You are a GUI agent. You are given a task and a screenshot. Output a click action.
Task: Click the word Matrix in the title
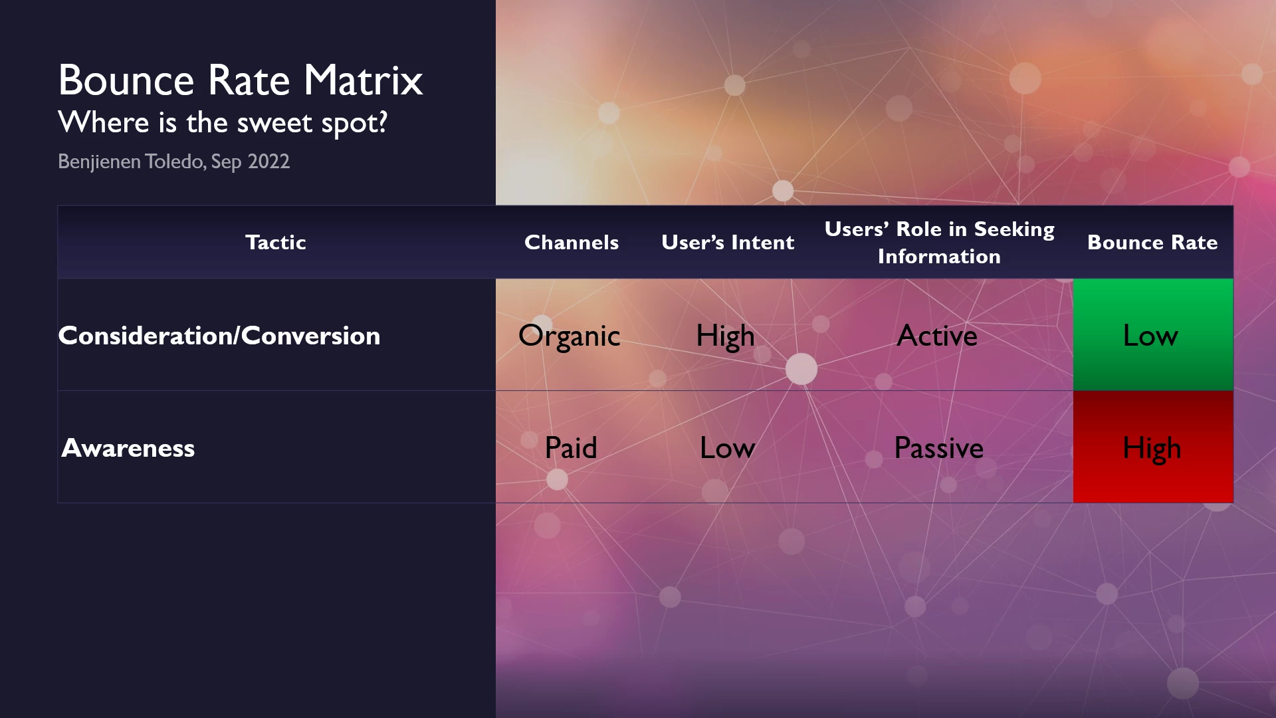(x=364, y=80)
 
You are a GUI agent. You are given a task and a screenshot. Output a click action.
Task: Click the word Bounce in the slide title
(x=126, y=80)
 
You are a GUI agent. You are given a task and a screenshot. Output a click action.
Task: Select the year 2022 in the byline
(x=268, y=162)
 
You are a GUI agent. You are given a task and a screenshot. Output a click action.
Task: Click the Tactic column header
(x=276, y=242)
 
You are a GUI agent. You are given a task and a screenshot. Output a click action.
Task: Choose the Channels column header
(x=572, y=242)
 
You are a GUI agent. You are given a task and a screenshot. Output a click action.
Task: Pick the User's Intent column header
(x=728, y=242)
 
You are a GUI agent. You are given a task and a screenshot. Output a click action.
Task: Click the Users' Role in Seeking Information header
(x=939, y=243)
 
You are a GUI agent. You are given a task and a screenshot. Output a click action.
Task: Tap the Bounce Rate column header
(x=1152, y=242)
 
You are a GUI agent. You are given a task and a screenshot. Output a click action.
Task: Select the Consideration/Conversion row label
(x=219, y=335)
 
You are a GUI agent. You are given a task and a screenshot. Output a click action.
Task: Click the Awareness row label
(x=128, y=447)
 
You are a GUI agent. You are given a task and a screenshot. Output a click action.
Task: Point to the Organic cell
(x=569, y=336)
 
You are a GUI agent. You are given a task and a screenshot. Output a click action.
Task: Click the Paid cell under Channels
(x=571, y=447)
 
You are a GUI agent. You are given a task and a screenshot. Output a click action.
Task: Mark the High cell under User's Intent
(x=726, y=336)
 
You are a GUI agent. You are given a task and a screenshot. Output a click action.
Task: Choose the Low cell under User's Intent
(x=727, y=447)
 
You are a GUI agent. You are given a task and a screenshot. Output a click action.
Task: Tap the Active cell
(x=937, y=335)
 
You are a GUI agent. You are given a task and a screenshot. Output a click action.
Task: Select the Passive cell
(x=938, y=447)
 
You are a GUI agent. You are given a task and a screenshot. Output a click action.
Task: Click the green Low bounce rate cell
(x=1153, y=334)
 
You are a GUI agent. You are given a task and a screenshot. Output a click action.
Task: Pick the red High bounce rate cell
(x=1153, y=447)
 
